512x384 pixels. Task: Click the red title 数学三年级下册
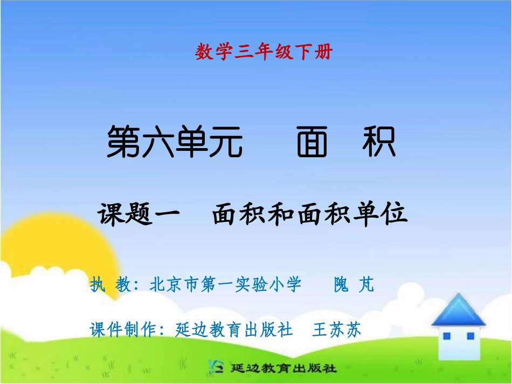click(x=264, y=52)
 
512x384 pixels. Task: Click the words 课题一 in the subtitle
click(x=139, y=214)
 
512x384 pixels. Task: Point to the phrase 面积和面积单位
click(x=309, y=214)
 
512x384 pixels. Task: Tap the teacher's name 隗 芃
click(x=354, y=284)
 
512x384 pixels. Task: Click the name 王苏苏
click(x=336, y=329)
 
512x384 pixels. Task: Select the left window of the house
click(x=446, y=337)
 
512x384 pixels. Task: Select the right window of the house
click(x=470, y=336)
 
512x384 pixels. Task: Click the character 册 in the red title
click(x=325, y=52)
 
